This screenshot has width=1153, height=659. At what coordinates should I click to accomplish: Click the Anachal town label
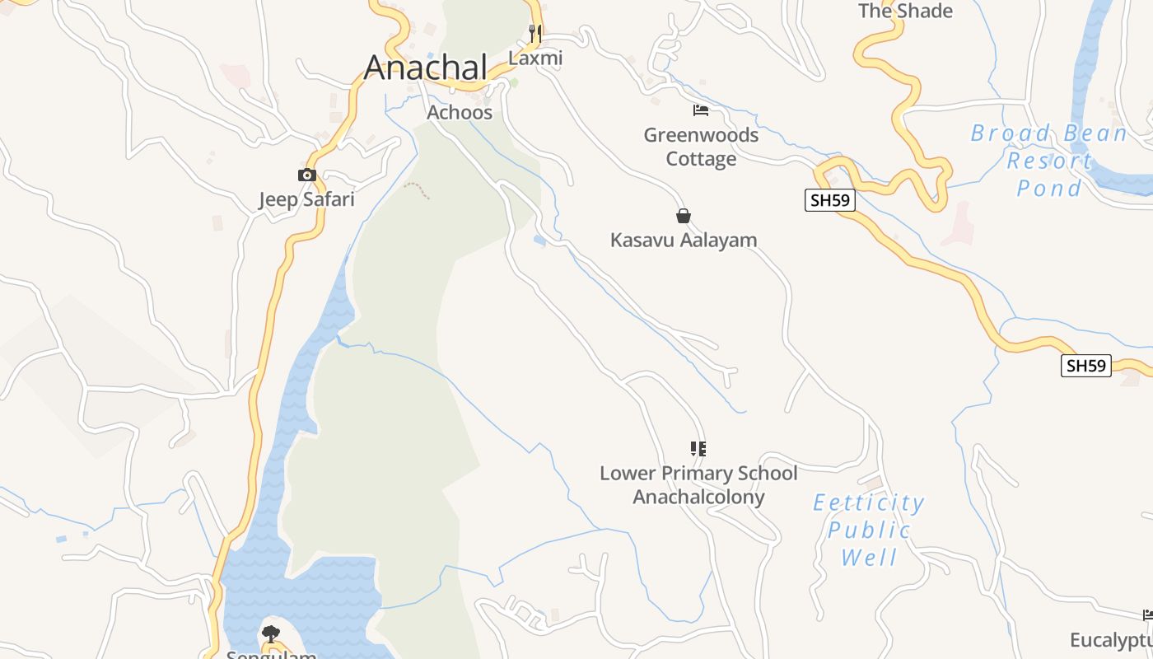426,67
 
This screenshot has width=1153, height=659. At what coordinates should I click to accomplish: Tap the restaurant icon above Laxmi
535,34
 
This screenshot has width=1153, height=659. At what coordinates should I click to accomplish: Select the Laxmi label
535,58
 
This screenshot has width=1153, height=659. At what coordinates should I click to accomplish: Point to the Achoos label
460,112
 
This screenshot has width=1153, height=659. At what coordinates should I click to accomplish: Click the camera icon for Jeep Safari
306,175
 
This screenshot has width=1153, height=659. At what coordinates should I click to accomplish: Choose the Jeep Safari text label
306,199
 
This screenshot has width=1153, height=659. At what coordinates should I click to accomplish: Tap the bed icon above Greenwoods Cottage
701,110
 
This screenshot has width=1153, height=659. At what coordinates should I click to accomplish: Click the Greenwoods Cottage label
701,147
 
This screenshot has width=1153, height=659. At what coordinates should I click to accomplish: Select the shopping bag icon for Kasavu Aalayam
683,216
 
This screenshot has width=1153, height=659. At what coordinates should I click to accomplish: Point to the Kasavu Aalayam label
683,241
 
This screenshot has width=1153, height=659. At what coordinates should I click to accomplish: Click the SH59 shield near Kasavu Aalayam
829,200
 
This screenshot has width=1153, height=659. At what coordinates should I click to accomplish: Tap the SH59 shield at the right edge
1085,366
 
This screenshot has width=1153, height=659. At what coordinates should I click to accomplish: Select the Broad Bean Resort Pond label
1048,161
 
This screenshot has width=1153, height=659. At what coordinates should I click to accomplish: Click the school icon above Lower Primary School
698,449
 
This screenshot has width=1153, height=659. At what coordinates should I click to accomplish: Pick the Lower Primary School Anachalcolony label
698,485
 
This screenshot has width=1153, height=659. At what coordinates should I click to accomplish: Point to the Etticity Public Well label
869,530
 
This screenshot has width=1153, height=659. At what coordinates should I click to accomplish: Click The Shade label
905,11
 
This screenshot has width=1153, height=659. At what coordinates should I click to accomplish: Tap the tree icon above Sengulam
270,633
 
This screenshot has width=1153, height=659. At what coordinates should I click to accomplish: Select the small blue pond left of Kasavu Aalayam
539,241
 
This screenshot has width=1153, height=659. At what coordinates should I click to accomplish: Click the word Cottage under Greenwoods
701,159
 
